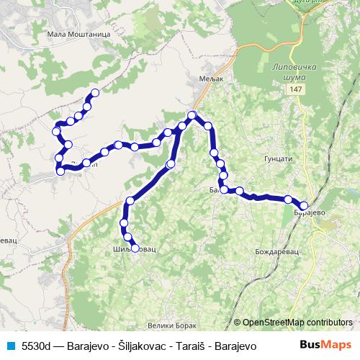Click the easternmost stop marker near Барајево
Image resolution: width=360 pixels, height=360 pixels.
tap(304, 205)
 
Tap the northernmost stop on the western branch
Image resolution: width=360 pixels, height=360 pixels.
tap(94, 93)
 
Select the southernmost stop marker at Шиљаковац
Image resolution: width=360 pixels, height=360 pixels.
tap(135, 248)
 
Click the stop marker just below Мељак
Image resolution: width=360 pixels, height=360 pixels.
tap(192, 115)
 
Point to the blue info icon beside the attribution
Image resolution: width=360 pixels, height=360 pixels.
tap(237, 323)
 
